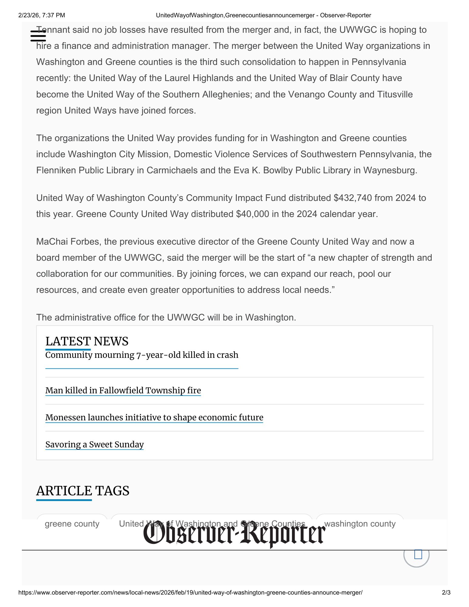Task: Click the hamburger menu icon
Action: click(38, 36)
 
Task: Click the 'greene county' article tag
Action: click(72, 524)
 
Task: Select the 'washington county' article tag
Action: click(360, 524)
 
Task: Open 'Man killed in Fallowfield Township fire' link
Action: click(123, 390)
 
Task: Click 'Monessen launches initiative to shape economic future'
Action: click(154, 417)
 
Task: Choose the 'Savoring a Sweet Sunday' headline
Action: click(94, 444)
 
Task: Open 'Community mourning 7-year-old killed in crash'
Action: click(142, 355)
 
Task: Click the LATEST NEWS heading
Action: click(87, 341)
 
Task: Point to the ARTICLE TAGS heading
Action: click(83, 491)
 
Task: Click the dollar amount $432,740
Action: click(352, 198)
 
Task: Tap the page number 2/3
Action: click(446, 592)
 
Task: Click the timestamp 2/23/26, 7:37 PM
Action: click(42, 15)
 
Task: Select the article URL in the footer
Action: click(190, 592)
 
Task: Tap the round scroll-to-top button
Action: click(416, 555)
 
